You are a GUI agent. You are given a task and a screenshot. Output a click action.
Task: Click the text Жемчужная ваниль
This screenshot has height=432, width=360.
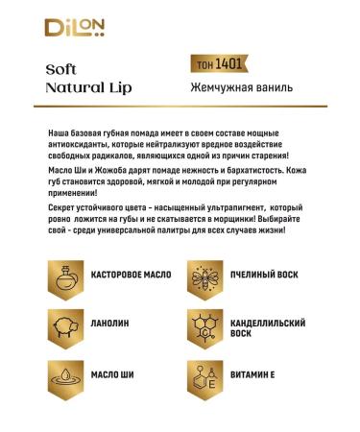228,88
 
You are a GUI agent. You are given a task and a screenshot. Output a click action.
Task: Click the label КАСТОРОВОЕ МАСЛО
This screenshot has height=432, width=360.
131,276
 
